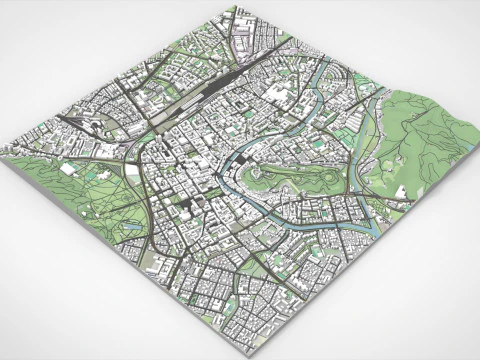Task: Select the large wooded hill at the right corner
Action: [x=425, y=125]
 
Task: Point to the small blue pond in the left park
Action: [x=133, y=227]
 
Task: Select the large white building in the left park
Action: [x=68, y=169]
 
